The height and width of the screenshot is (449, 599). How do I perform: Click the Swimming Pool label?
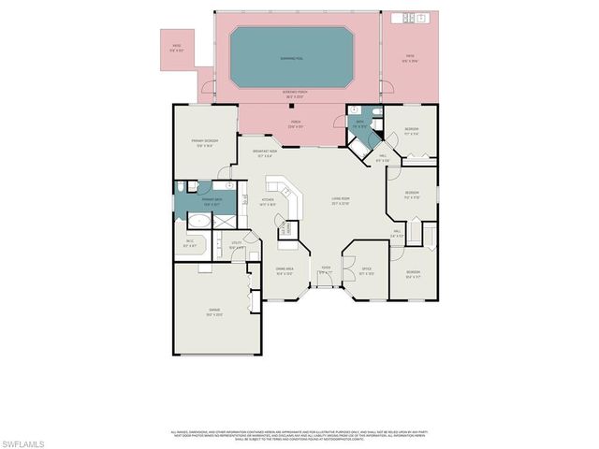[x=292, y=57]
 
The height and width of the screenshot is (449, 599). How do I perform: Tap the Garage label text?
[x=214, y=313]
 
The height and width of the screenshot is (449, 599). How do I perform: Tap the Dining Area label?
[x=285, y=270]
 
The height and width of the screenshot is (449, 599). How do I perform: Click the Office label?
[x=354, y=270]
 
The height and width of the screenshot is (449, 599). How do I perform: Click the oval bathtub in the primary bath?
[x=198, y=222]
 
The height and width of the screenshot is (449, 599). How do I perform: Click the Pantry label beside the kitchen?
[x=289, y=227]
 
